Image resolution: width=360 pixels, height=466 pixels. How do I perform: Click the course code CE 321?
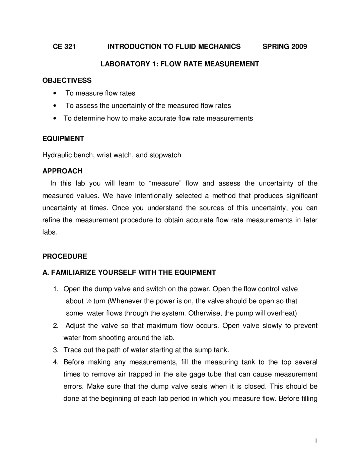pyautogui.click(x=64, y=47)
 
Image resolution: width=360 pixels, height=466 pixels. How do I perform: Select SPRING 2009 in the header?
pyautogui.click(x=284, y=47)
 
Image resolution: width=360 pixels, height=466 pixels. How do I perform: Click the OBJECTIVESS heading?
pyautogui.click(x=67, y=80)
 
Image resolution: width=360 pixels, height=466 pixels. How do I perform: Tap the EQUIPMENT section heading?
pyautogui.click(x=63, y=139)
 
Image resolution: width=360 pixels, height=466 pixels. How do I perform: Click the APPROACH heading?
pyautogui.click(x=62, y=171)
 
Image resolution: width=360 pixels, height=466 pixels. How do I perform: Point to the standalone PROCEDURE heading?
pyautogui.click(x=65, y=256)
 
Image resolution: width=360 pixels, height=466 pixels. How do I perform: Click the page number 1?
pyautogui.click(x=316, y=441)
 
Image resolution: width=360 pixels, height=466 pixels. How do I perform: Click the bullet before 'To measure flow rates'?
pyautogui.click(x=55, y=93)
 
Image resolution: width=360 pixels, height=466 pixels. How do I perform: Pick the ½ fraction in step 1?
pyautogui.click(x=88, y=301)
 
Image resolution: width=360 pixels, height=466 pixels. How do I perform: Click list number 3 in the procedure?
pyautogui.click(x=55, y=350)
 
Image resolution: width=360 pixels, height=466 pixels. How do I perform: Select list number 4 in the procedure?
pyautogui.click(x=55, y=362)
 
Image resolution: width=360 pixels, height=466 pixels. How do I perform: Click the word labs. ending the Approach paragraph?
pyautogui.click(x=49, y=232)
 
